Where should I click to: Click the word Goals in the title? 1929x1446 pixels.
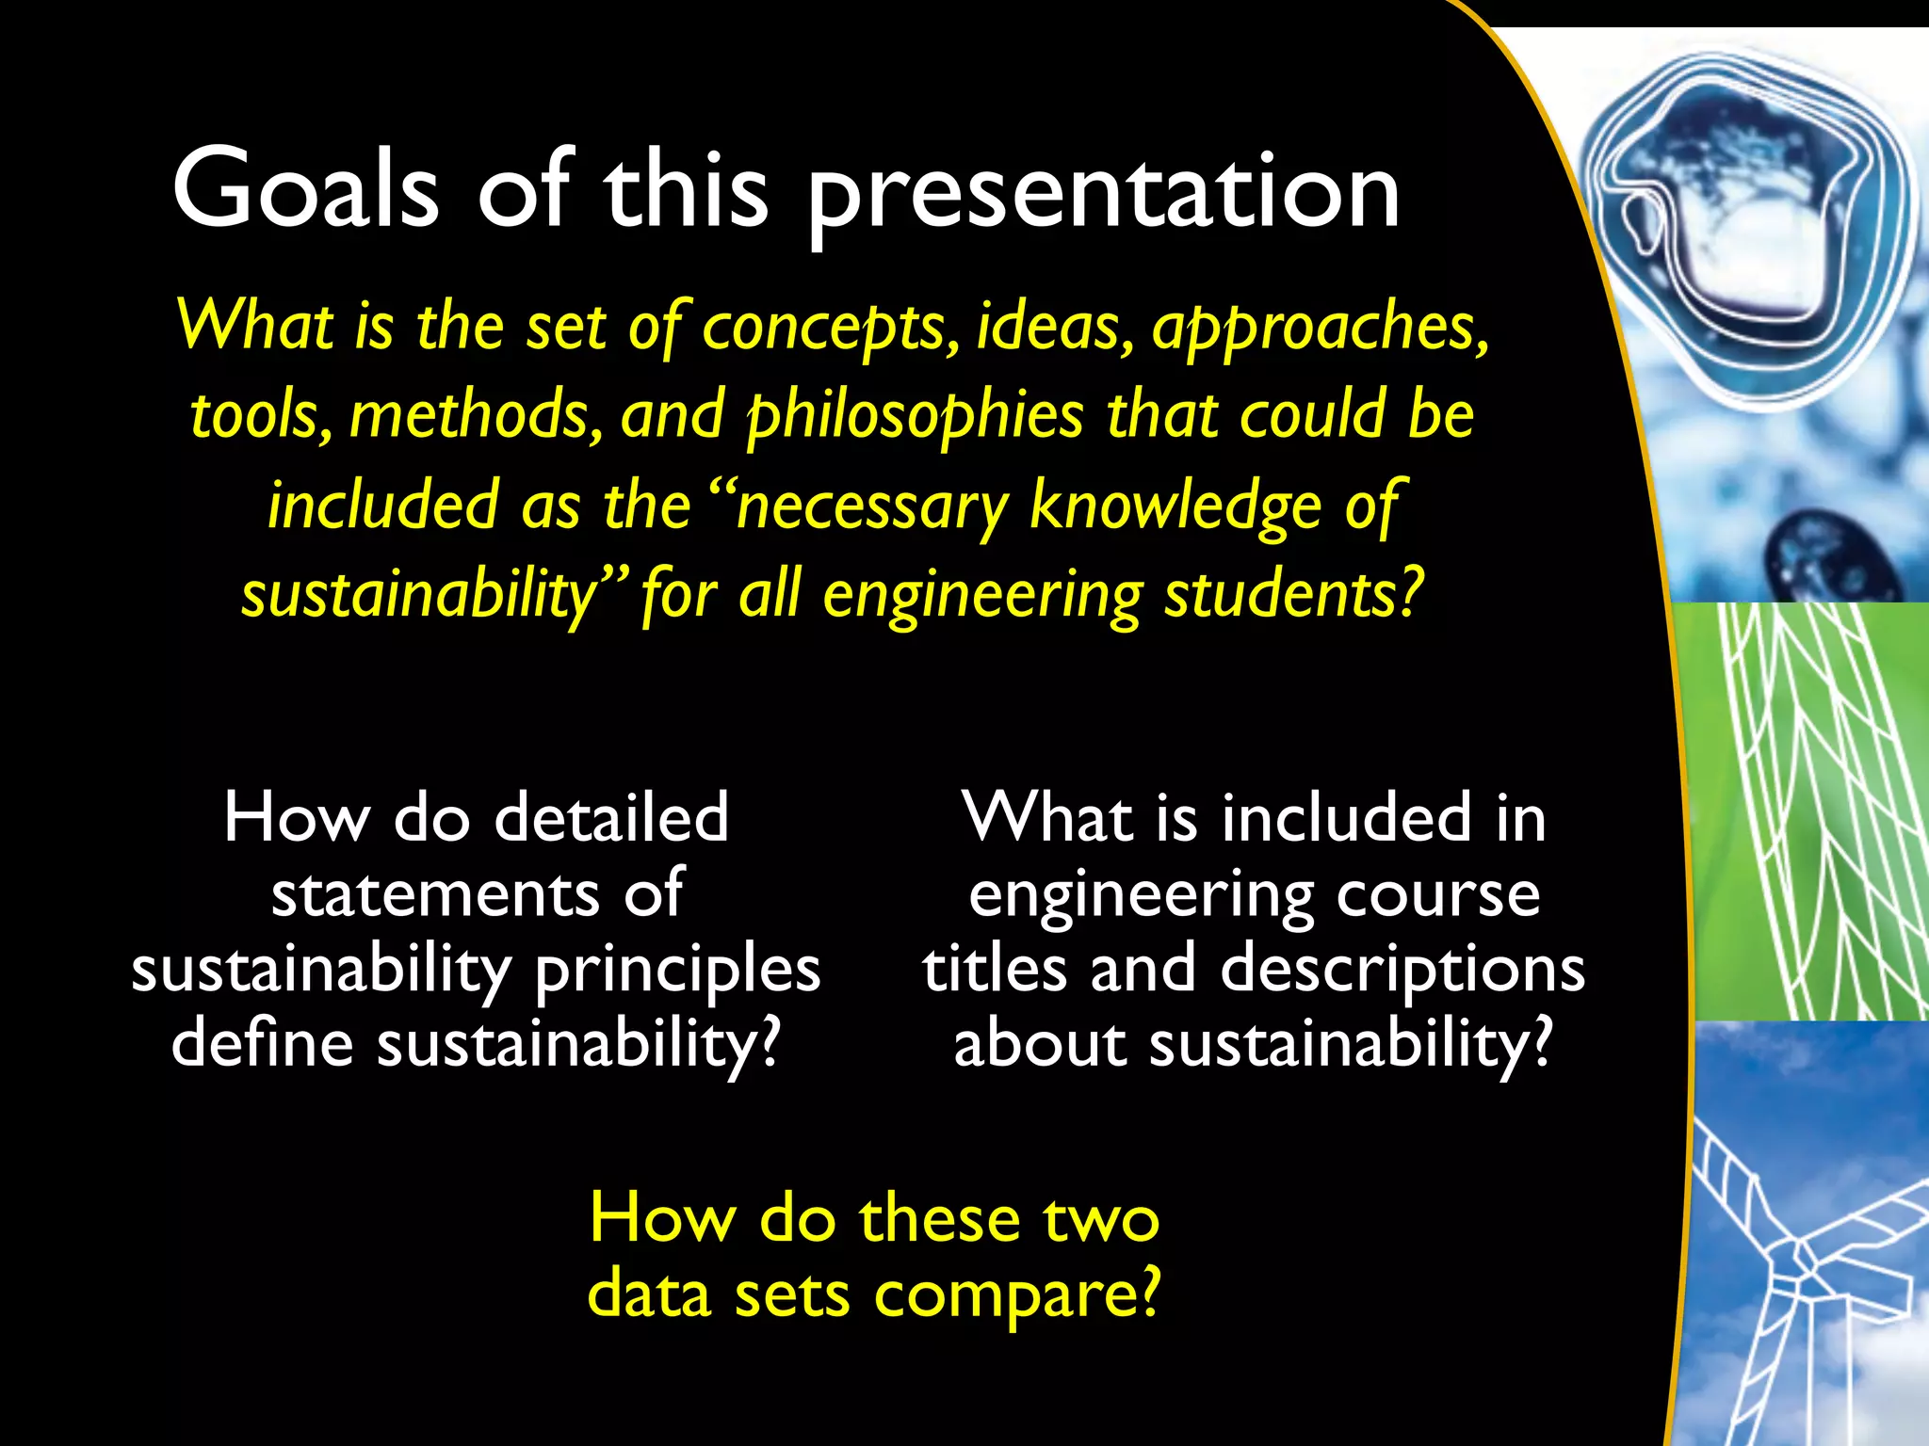(x=306, y=190)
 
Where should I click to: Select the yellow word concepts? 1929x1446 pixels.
(x=824, y=328)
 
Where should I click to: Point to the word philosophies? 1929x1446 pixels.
(x=916, y=416)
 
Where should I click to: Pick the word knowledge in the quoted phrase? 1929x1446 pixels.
(x=1175, y=506)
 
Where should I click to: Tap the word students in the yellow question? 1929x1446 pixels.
(x=1292, y=595)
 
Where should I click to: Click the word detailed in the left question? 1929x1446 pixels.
(x=611, y=817)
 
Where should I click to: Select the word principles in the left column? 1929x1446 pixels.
(x=677, y=970)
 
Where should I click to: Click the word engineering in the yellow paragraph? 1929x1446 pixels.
(x=982, y=595)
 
